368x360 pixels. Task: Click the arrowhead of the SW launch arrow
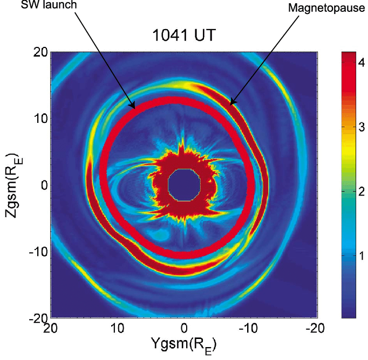click(133, 108)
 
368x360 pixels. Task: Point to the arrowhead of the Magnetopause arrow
click(231, 103)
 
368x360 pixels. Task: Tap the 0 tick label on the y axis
click(44, 185)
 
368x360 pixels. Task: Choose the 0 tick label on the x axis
click(184, 328)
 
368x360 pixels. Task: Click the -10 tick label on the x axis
click(249, 328)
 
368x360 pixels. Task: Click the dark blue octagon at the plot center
click(185, 185)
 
